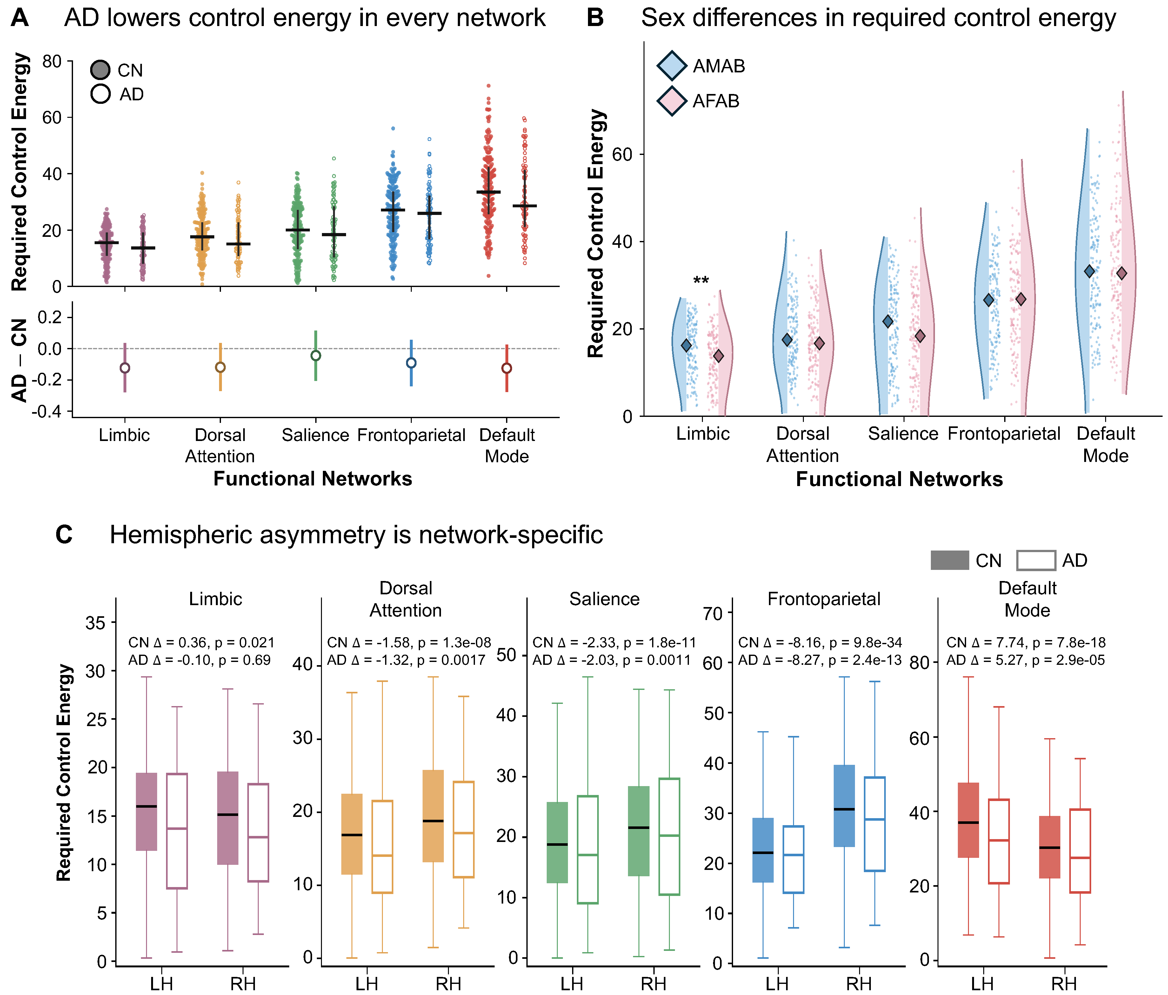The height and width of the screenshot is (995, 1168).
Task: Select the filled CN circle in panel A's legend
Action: coord(100,70)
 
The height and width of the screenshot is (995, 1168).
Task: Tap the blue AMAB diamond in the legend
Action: coord(672,66)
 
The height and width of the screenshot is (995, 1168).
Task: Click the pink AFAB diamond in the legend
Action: coord(672,102)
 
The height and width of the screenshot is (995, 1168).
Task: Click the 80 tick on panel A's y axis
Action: coord(52,61)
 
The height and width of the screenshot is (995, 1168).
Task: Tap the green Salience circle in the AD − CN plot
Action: coord(316,356)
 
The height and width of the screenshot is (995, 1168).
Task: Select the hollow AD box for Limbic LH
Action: coord(177,831)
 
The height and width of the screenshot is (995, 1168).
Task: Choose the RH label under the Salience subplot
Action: coord(654,984)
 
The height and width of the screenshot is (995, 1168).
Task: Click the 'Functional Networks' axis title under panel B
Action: coord(899,479)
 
